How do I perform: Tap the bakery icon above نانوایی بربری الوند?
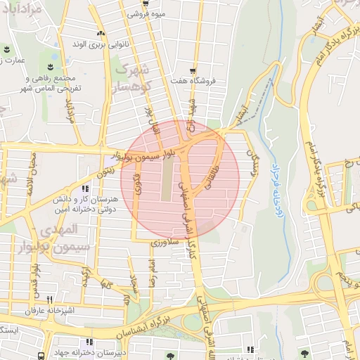pyautogui.click(x=101, y=33)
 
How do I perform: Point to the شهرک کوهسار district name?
pyautogui.click(x=132, y=78)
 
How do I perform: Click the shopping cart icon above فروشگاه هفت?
pyautogui.click(x=191, y=70)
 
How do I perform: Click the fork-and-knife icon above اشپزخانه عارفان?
pyautogui.click(x=49, y=300)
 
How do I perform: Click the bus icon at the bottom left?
pyautogui.click(x=41, y=356)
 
